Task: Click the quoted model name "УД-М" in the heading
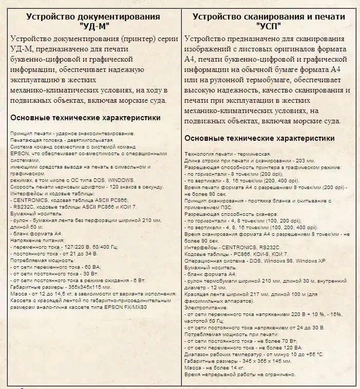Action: coord(93,26)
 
